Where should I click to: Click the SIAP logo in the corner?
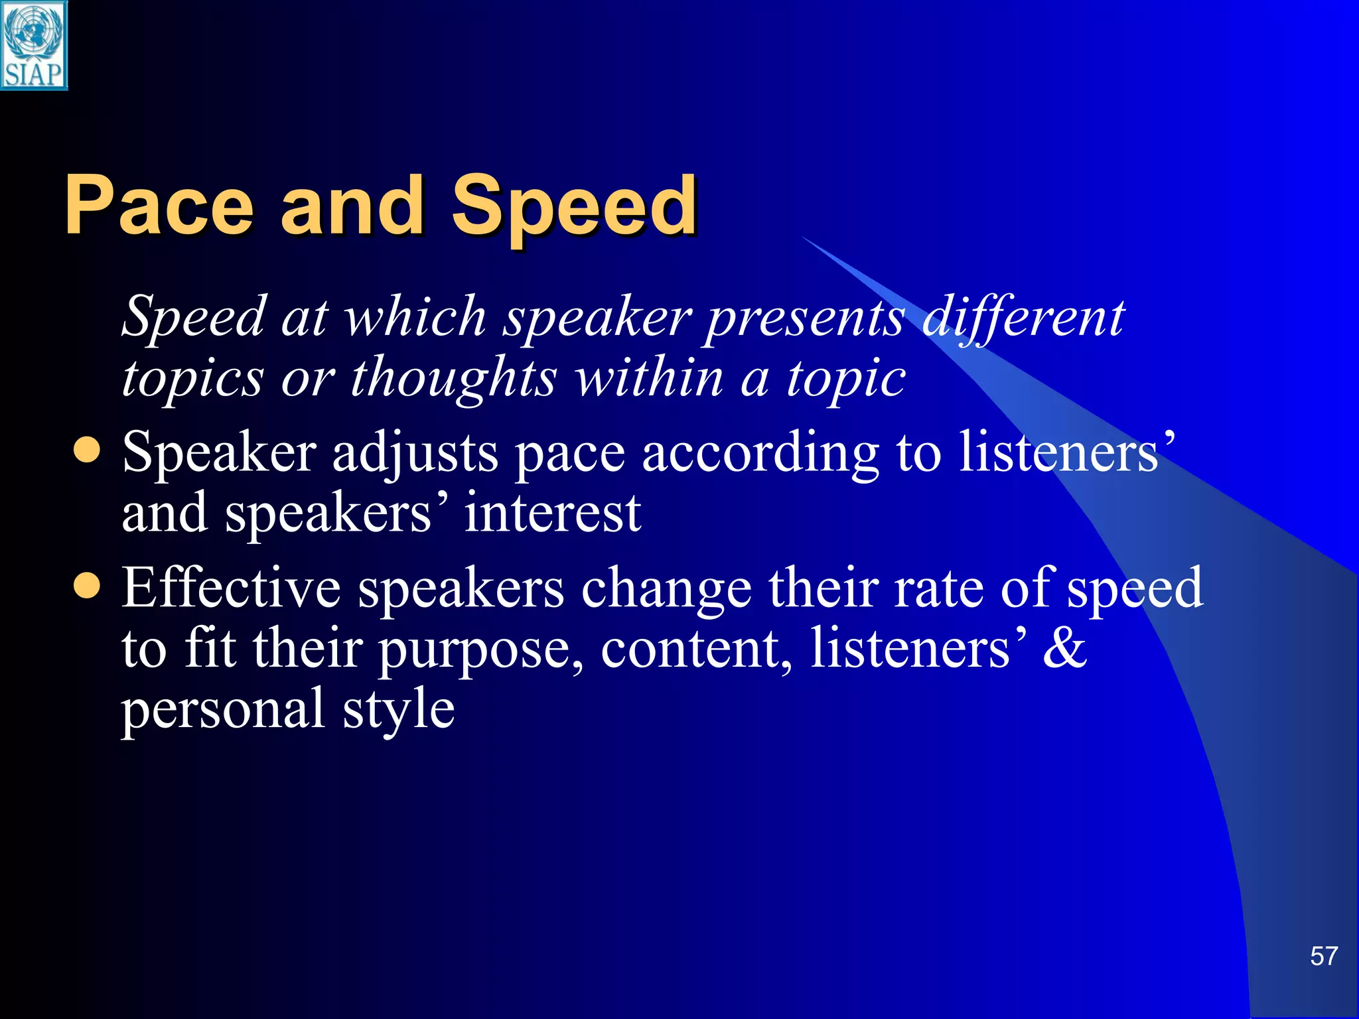coord(34,45)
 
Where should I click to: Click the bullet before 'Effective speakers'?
coord(87,586)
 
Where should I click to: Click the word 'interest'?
coord(552,514)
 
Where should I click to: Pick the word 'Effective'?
coord(231,588)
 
